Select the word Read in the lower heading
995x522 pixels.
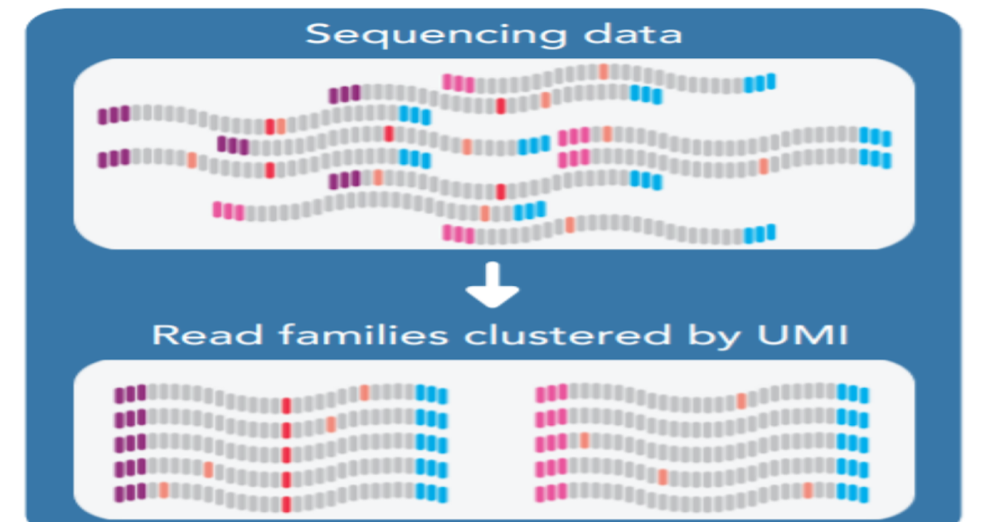pos(201,336)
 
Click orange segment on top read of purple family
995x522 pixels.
pos(363,392)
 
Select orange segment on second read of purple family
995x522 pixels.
pos(331,424)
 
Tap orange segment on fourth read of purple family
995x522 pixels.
pos(208,470)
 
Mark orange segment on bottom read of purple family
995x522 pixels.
pos(163,490)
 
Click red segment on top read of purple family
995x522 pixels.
pos(286,406)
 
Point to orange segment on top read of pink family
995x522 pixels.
pos(741,401)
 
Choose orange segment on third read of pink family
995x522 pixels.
pos(584,439)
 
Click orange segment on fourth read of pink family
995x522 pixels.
pos(663,476)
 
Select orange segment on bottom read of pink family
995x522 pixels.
pos(808,490)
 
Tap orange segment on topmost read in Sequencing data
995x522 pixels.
pos(604,71)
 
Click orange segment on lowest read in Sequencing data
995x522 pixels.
pos(570,225)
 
